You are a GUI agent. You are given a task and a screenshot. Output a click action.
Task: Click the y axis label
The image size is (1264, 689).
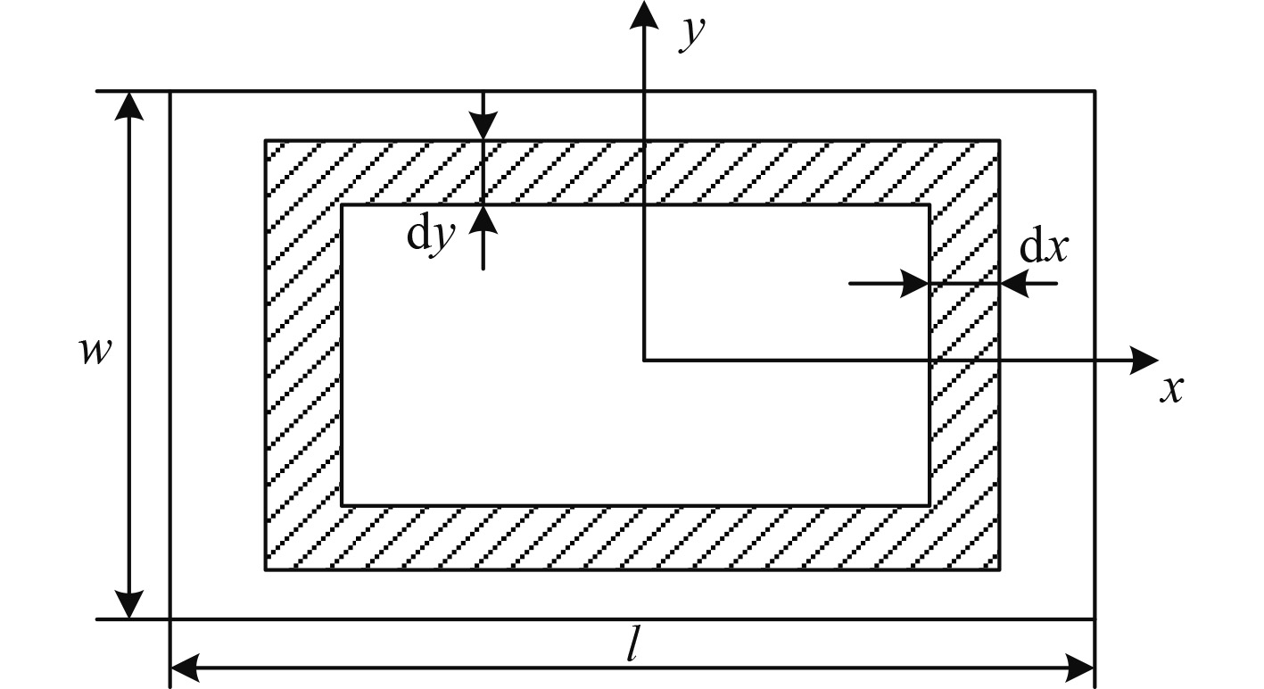(x=692, y=34)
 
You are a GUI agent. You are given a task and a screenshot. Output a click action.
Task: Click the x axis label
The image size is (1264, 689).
(x=1171, y=389)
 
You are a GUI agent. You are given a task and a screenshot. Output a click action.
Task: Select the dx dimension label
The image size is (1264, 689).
(x=1044, y=249)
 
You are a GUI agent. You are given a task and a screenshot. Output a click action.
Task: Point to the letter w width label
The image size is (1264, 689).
(x=95, y=352)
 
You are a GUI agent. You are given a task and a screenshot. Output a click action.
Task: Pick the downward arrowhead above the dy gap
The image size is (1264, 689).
(x=483, y=126)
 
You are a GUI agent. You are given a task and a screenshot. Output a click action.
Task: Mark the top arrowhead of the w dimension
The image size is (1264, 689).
(x=130, y=105)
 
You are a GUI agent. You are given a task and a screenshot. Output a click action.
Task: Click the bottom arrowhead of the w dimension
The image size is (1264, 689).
(x=130, y=604)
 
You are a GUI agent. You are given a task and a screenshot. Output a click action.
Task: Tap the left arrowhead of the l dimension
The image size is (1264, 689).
(x=184, y=666)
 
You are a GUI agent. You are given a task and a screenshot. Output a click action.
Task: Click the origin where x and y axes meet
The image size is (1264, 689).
(x=642, y=360)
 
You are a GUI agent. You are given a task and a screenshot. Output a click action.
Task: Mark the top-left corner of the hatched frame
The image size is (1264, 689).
(x=266, y=140)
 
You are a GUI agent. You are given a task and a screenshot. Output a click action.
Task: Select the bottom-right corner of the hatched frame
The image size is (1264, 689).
(x=999, y=569)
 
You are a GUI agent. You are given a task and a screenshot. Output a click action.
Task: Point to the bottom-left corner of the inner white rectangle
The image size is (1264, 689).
(x=343, y=505)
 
